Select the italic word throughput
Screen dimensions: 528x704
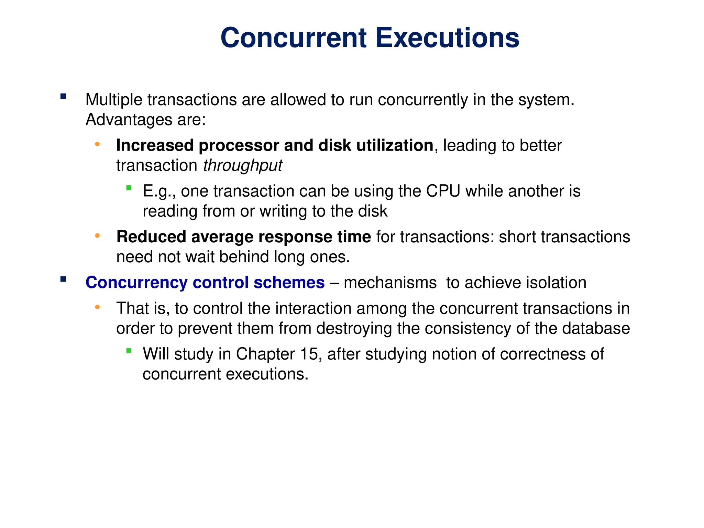pos(242,166)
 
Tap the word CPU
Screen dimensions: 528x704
pos(443,191)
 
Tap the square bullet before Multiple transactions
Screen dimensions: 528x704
pos(63,96)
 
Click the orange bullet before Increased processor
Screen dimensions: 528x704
pos(97,144)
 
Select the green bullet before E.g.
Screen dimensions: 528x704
pos(129,188)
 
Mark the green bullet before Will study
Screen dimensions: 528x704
pos(129,351)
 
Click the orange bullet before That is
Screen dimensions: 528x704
pos(97,307)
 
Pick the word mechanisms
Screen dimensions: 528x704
pos(390,283)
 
